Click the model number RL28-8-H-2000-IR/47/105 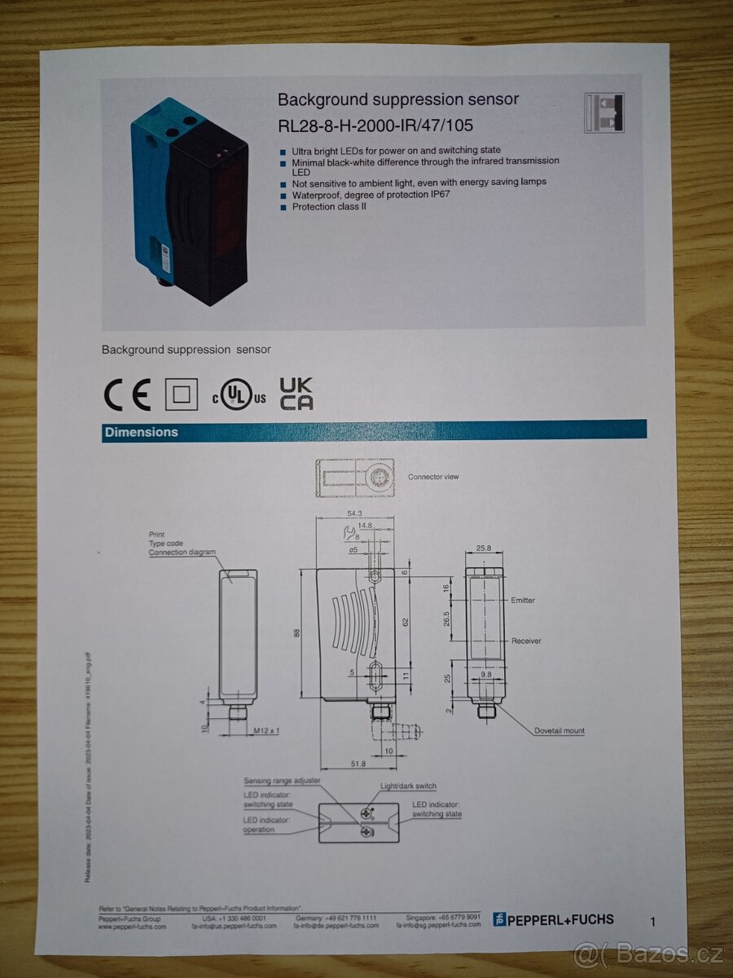(375, 126)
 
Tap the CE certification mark (128, 395)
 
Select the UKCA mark (296, 394)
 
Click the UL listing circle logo (236, 395)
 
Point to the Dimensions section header (141, 432)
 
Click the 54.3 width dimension (354, 513)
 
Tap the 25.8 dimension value (484, 548)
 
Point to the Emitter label (523, 601)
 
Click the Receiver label (525, 641)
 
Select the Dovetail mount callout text (560, 731)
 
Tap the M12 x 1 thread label (266, 730)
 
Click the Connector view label (433, 477)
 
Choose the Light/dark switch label (408, 786)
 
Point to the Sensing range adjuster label (282, 781)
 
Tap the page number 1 (652, 922)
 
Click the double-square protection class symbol (181, 395)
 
